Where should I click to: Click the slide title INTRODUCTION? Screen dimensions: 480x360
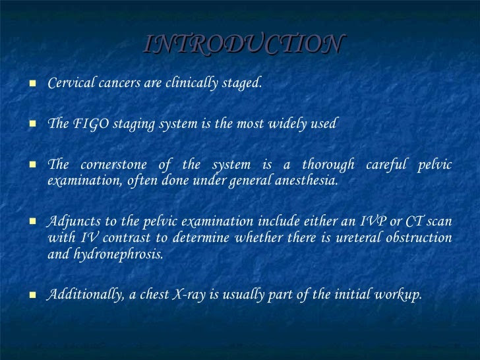[245, 44]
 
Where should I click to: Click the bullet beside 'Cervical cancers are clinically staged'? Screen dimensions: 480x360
[32, 83]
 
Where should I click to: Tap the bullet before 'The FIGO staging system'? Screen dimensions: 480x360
[32, 124]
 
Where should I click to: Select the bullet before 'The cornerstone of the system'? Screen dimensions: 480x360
[32, 165]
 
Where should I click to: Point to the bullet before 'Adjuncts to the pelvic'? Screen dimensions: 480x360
[32, 221]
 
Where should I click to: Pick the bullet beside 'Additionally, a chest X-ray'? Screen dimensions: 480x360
[32, 295]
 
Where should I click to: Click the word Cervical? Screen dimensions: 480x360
[71, 82]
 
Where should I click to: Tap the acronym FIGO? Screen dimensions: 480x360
[91, 123]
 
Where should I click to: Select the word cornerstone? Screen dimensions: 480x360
[113, 165]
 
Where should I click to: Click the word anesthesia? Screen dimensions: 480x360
[307, 180]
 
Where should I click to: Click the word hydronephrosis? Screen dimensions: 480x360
[119, 254]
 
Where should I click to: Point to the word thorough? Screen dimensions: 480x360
[328, 165]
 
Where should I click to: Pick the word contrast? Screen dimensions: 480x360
[127, 238]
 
